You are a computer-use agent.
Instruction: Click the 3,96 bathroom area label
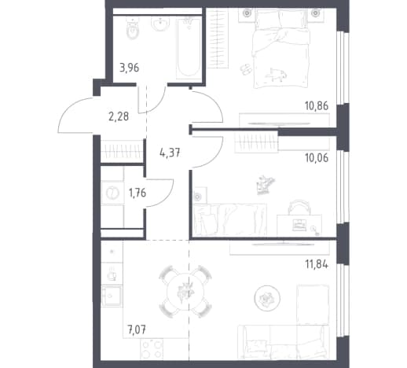129,68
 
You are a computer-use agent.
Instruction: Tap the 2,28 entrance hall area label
119,116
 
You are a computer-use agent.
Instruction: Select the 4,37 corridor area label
170,153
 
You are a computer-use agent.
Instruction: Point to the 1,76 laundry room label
137,193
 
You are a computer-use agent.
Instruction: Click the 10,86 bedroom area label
317,106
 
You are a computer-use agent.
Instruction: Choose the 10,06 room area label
317,158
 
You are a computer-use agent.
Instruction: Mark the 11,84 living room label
317,264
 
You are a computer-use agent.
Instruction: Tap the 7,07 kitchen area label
137,329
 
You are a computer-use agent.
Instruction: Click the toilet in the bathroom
133,29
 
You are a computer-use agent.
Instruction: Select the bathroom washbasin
160,24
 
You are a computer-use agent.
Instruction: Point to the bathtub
189,48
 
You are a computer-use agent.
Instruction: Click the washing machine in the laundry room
112,193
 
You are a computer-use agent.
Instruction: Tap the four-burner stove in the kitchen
152,349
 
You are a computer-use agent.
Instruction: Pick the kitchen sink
112,296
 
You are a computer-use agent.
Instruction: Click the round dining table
185,291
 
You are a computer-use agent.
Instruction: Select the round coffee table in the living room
267,298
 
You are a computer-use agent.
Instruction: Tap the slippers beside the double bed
246,69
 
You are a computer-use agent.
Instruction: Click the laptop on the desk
299,224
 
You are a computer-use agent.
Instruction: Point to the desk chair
299,207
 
